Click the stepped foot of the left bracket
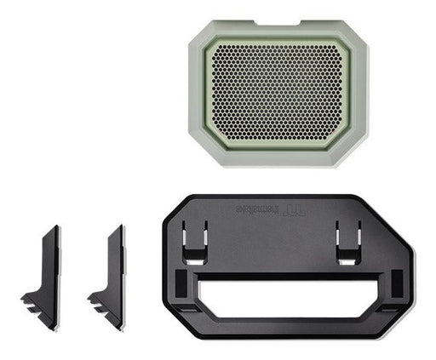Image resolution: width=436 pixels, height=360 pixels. click(x=37, y=302)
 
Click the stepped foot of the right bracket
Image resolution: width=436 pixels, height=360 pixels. click(x=103, y=302)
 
